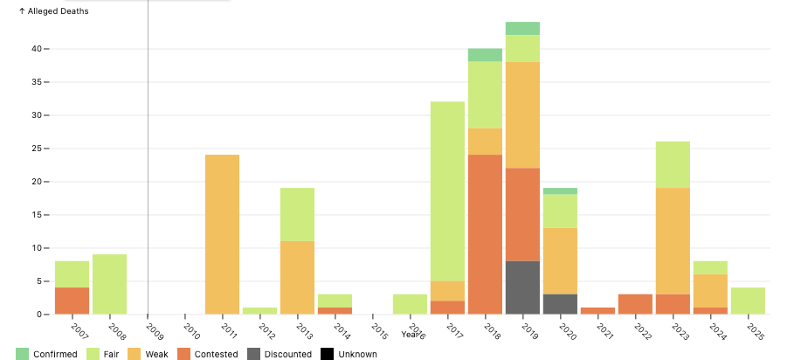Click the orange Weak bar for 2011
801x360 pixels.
(x=222, y=234)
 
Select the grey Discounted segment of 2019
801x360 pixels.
(x=522, y=287)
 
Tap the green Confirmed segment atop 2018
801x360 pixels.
(x=485, y=55)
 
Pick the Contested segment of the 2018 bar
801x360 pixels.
(x=485, y=234)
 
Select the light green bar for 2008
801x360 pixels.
(x=109, y=284)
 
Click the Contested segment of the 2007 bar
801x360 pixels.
(x=72, y=301)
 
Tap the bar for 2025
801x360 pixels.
(x=748, y=301)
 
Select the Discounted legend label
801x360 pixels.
(x=287, y=354)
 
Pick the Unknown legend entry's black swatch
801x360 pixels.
(x=328, y=354)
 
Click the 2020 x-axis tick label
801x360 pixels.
(x=567, y=330)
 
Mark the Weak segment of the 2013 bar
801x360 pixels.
(x=297, y=277)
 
